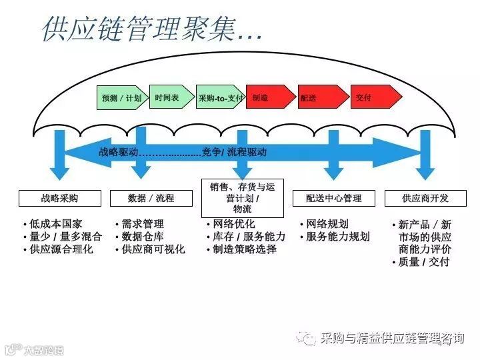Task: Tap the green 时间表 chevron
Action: click(169, 97)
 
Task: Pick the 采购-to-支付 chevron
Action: click(220, 98)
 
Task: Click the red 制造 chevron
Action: click(268, 98)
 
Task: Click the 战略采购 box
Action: click(59, 198)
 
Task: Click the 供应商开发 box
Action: click(425, 198)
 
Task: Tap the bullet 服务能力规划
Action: click(337, 237)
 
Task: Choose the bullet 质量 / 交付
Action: click(423, 262)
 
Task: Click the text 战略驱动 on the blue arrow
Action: click(119, 152)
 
